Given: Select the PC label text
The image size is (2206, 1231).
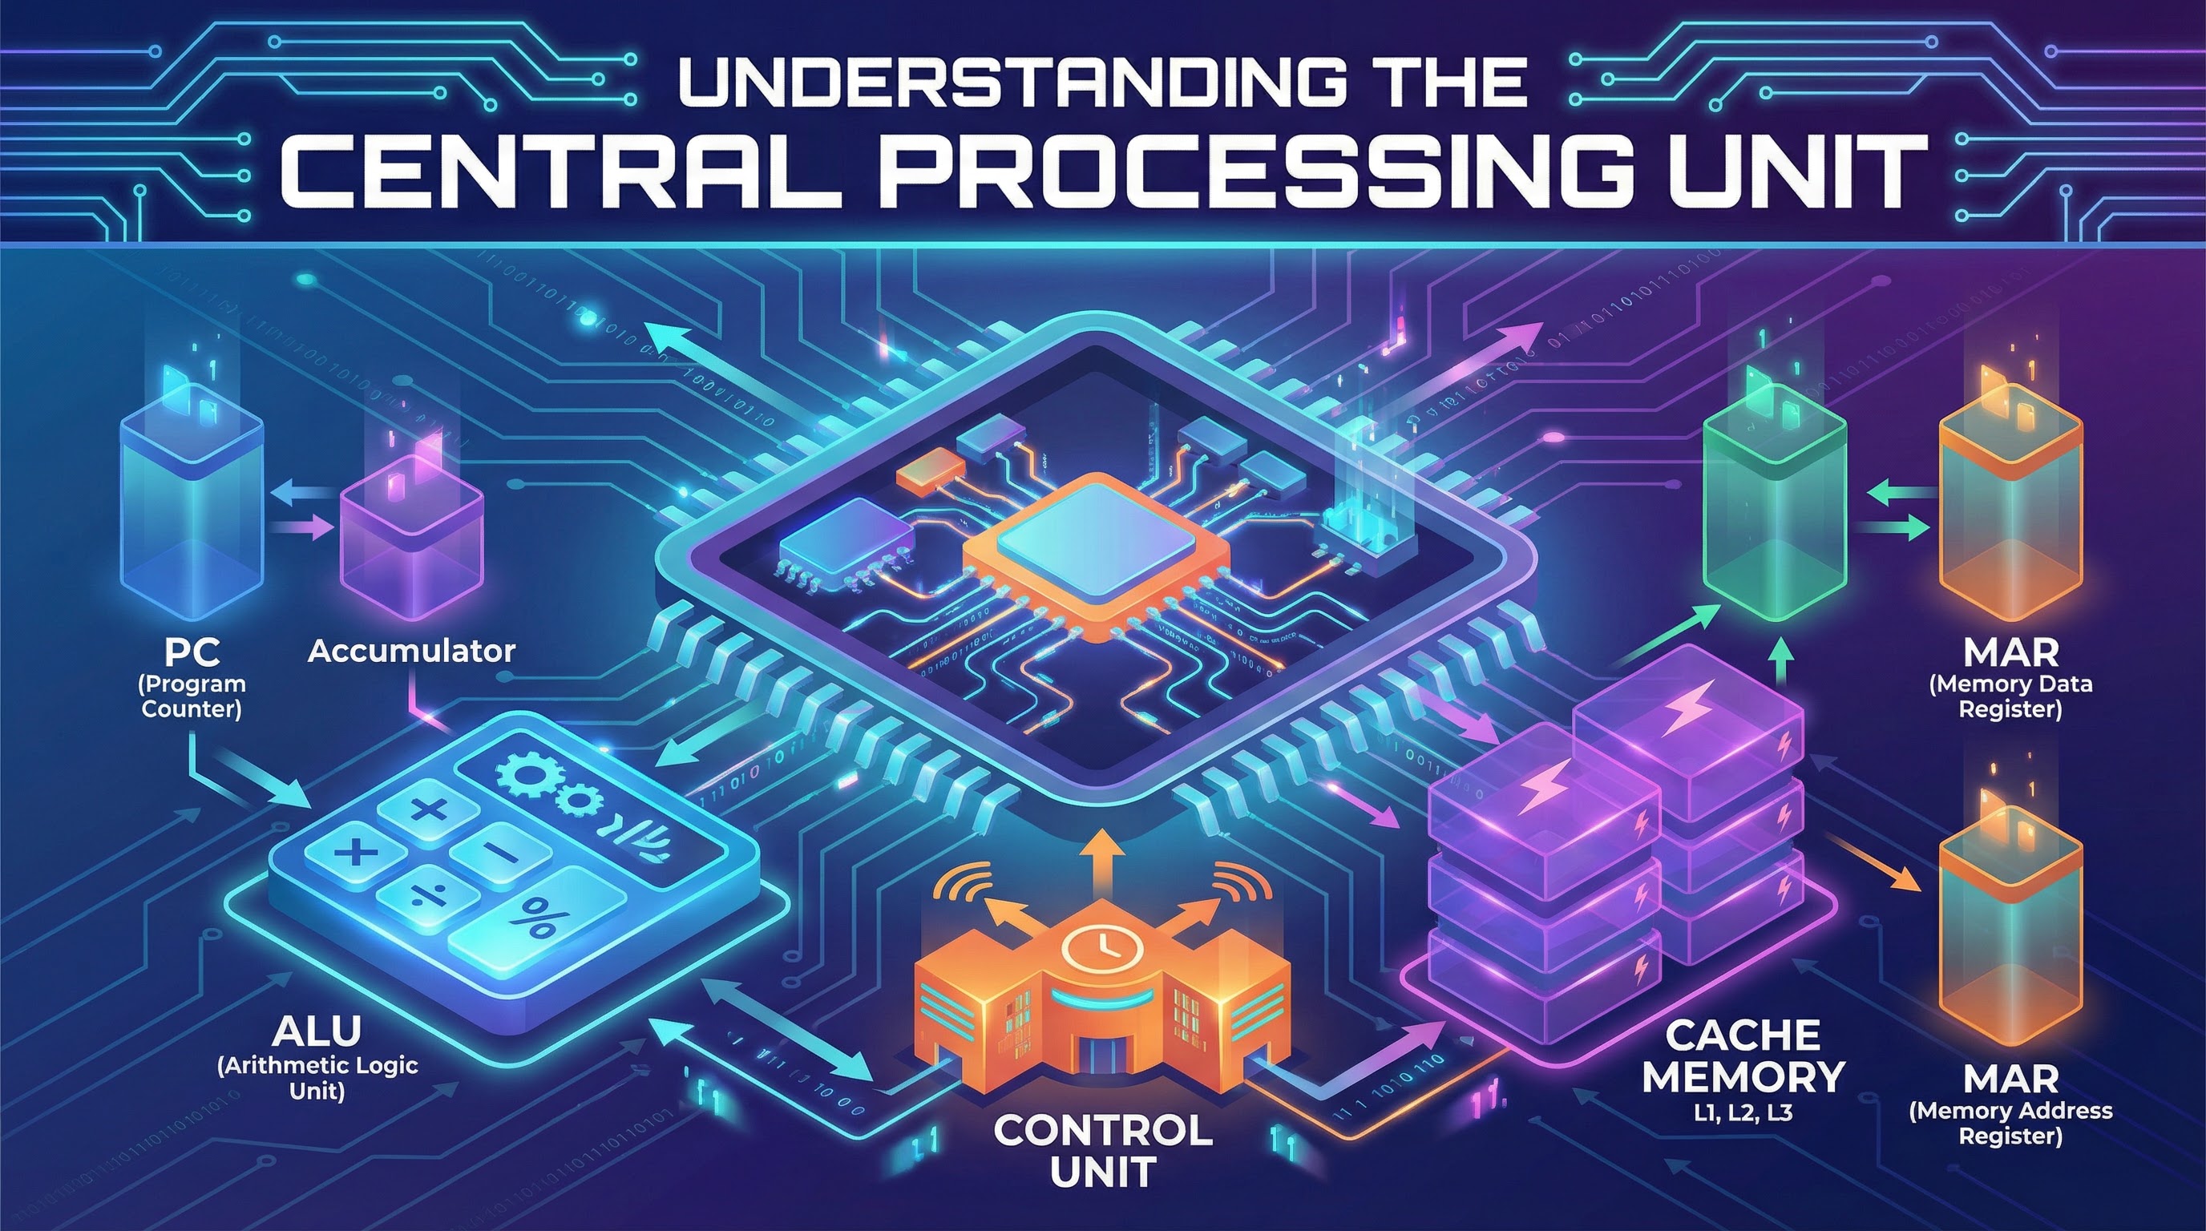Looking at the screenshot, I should point(192,652).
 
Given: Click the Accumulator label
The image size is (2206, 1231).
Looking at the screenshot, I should point(411,652).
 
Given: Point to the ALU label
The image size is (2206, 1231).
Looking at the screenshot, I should point(316,1031).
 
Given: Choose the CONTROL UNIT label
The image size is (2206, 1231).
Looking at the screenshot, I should point(1103,1150).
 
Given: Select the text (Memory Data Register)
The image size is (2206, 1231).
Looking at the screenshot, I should point(2010,696).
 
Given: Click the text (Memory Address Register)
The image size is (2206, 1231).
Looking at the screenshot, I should point(2010,1123).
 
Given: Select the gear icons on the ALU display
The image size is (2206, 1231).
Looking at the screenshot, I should point(549,785).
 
